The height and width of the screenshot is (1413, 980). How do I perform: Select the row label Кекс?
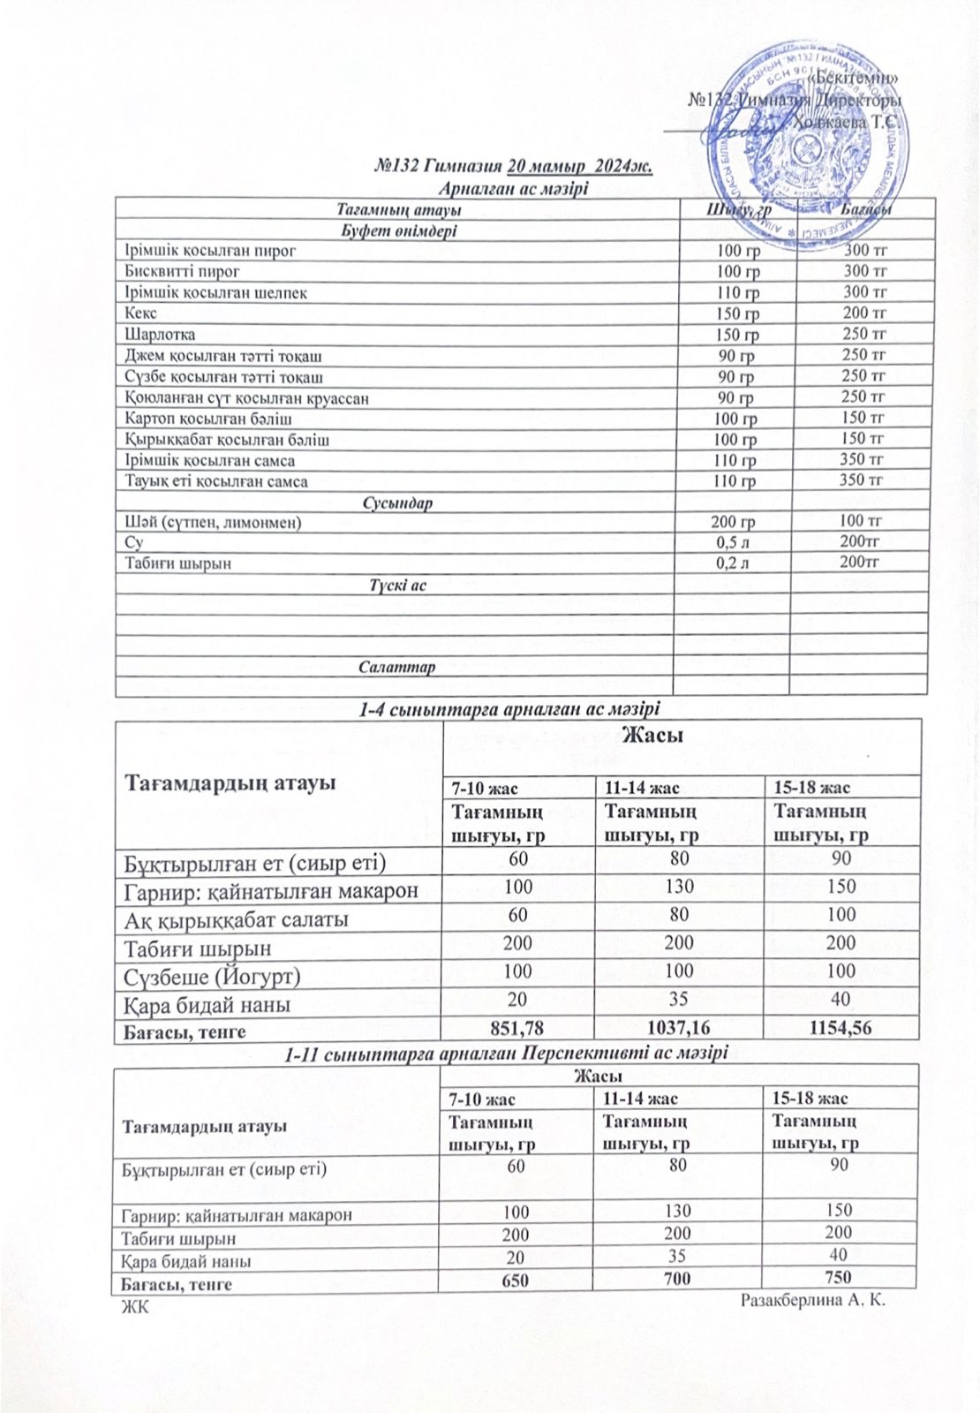coord(141,314)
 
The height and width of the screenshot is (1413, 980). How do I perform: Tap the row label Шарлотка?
coord(160,335)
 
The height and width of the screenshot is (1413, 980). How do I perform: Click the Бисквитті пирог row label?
coord(182,271)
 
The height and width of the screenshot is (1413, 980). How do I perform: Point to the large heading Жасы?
coord(652,734)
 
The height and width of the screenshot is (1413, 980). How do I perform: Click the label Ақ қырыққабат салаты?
coord(236,919)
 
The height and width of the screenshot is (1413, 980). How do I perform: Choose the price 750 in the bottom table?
coord(838,1277)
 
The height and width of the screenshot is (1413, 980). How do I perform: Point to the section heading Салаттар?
coord(396,667)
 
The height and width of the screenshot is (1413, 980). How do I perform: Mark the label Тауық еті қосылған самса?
coord(216,482)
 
